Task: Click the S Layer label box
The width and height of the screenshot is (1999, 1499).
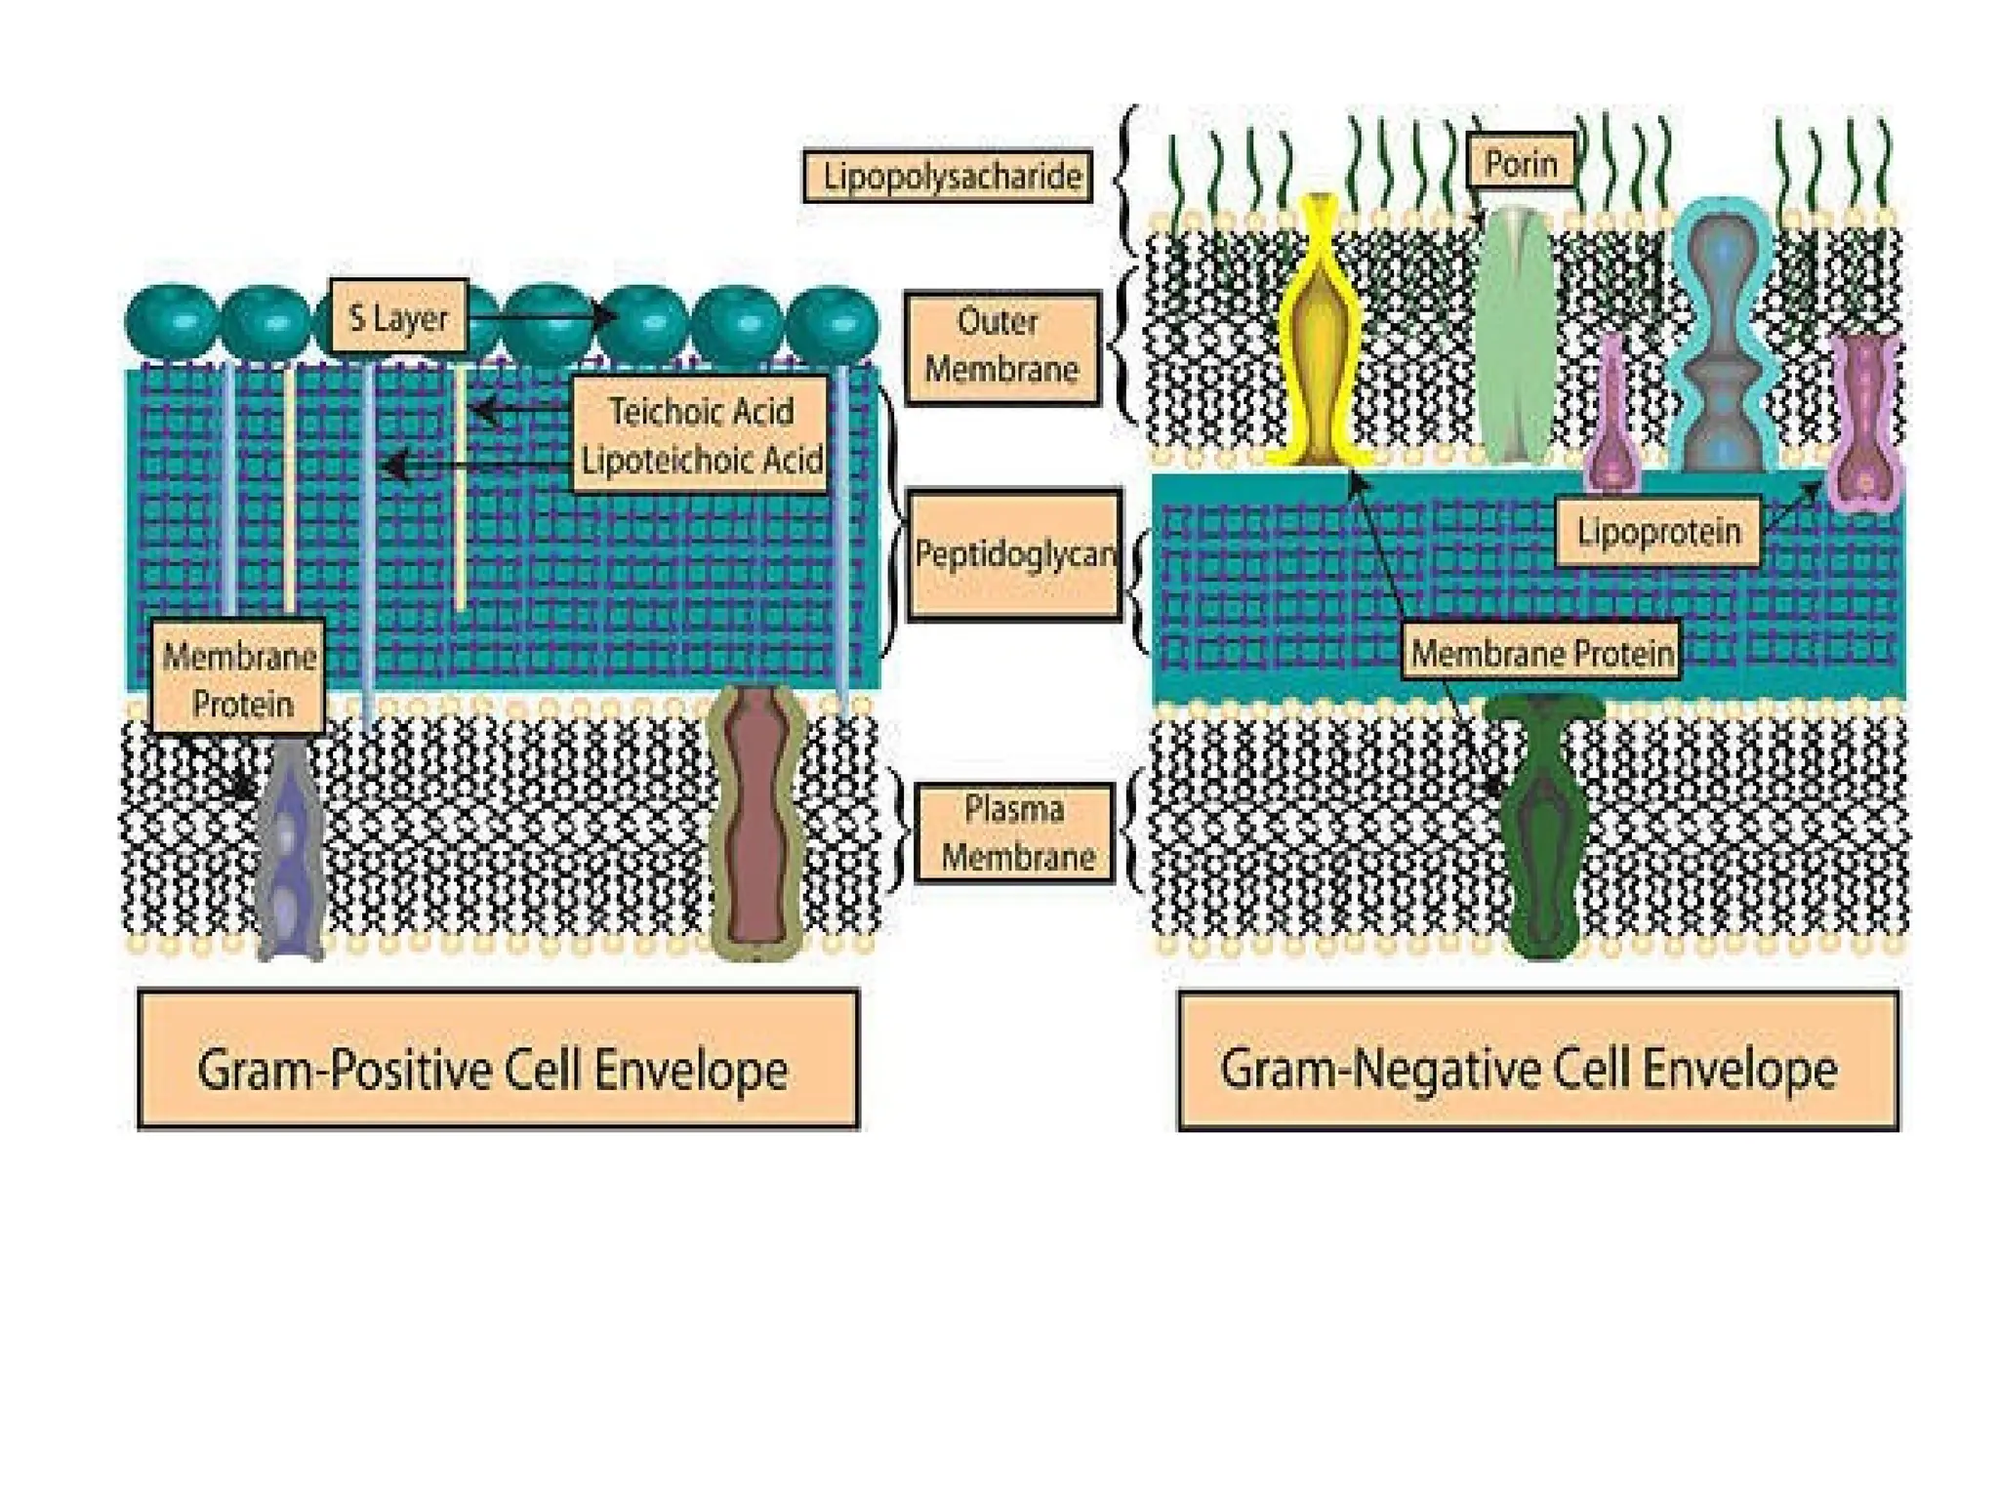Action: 398,317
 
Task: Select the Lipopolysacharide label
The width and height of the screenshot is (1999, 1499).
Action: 947,177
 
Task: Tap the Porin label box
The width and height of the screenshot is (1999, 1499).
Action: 1521,162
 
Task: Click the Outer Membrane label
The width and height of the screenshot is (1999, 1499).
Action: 1001,346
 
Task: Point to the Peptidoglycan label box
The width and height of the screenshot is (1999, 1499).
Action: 1013,554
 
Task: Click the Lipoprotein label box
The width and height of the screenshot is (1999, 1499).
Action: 1657,532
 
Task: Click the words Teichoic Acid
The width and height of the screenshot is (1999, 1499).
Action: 700,412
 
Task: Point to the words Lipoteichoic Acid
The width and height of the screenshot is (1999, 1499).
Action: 700,460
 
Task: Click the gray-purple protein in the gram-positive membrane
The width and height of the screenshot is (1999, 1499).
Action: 289,849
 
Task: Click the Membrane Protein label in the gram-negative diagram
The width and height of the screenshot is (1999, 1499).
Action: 1542,652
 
